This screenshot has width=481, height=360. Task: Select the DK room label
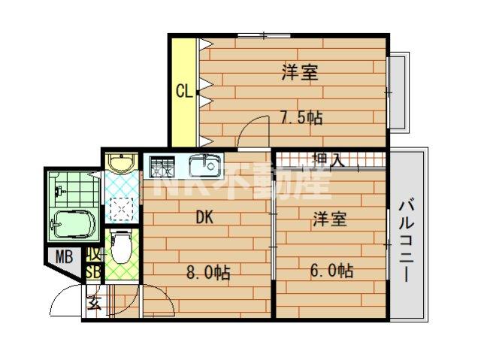click(x=206, y=218)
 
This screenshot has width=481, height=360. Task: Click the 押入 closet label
click(x=328, y=159)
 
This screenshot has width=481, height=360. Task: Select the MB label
click(x=65, y=257)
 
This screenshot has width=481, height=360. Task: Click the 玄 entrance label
click(x=95, y=304)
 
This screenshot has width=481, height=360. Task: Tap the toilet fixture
click(x=120, y=247)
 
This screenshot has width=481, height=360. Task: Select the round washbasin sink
click(x=119, y=163)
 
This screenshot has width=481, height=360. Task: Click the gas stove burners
click(x=162, y=165)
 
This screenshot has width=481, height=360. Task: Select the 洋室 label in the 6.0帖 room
click(x=330, y=219)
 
